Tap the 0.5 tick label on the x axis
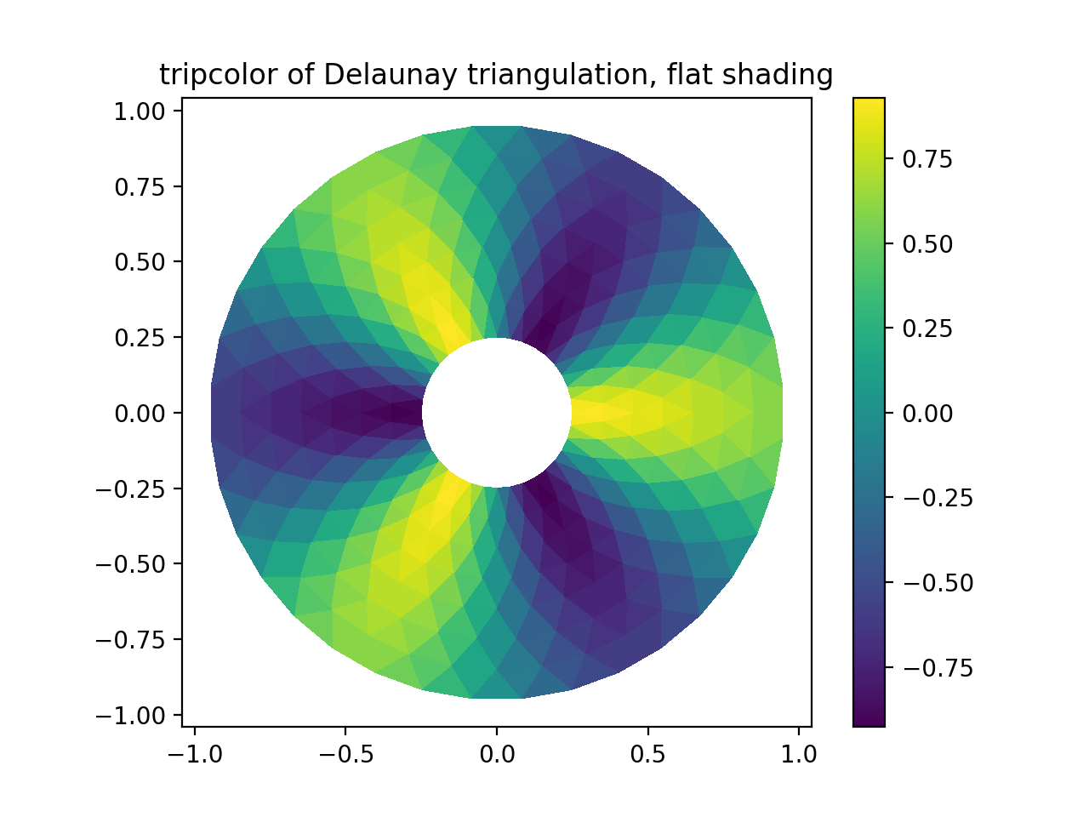(648, 754)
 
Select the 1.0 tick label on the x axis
(799, 754)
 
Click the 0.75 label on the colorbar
(928, 159)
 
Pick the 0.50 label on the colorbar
(928, 244)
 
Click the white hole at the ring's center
(497, 413)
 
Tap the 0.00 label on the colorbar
(928, 414)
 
